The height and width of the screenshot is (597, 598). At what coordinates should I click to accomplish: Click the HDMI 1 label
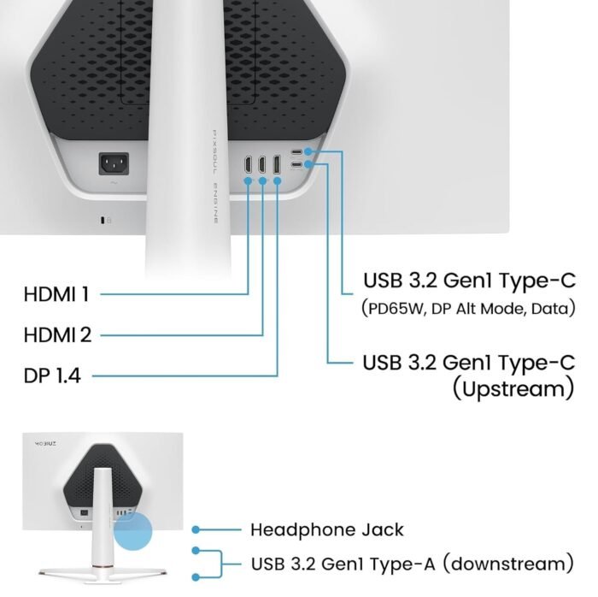click(x=56, y=294)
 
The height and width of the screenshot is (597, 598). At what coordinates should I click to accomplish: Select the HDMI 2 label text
click(x=57, y=334)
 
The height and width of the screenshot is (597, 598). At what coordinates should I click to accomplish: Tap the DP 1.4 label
click(x=52, y=375)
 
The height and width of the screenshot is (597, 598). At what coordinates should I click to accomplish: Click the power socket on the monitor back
click(x=114, y=163)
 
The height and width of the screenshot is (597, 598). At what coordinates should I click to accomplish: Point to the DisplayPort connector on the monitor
click(x=277, y=164)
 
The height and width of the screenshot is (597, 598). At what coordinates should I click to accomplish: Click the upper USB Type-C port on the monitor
click(x=296, y=152)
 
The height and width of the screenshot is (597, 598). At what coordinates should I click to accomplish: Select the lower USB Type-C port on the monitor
click(x=296, y=164)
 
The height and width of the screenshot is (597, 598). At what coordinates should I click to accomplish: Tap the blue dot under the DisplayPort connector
click(x=278, y=180)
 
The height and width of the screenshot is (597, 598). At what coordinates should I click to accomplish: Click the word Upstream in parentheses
click(x=513, y=388)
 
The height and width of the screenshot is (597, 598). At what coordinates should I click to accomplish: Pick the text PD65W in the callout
click(x=397, y=309)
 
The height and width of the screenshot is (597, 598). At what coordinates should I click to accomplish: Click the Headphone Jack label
click(x=327, y=529)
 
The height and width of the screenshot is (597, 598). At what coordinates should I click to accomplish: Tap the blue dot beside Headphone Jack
click(x=196, y=529)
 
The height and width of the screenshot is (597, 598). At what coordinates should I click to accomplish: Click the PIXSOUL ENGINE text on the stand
click(x=215, y=177)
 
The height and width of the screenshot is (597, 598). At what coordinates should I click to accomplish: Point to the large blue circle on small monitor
click(x=132, y=531)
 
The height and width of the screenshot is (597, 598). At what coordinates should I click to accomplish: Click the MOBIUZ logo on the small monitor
click(x=46, y=444)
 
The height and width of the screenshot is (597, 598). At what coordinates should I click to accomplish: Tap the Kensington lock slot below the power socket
click(x=103, y=221)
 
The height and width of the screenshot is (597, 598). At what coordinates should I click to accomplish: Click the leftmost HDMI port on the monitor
click(x=248, y=164)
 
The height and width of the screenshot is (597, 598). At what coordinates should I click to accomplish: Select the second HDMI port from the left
click(x=262, y=164)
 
